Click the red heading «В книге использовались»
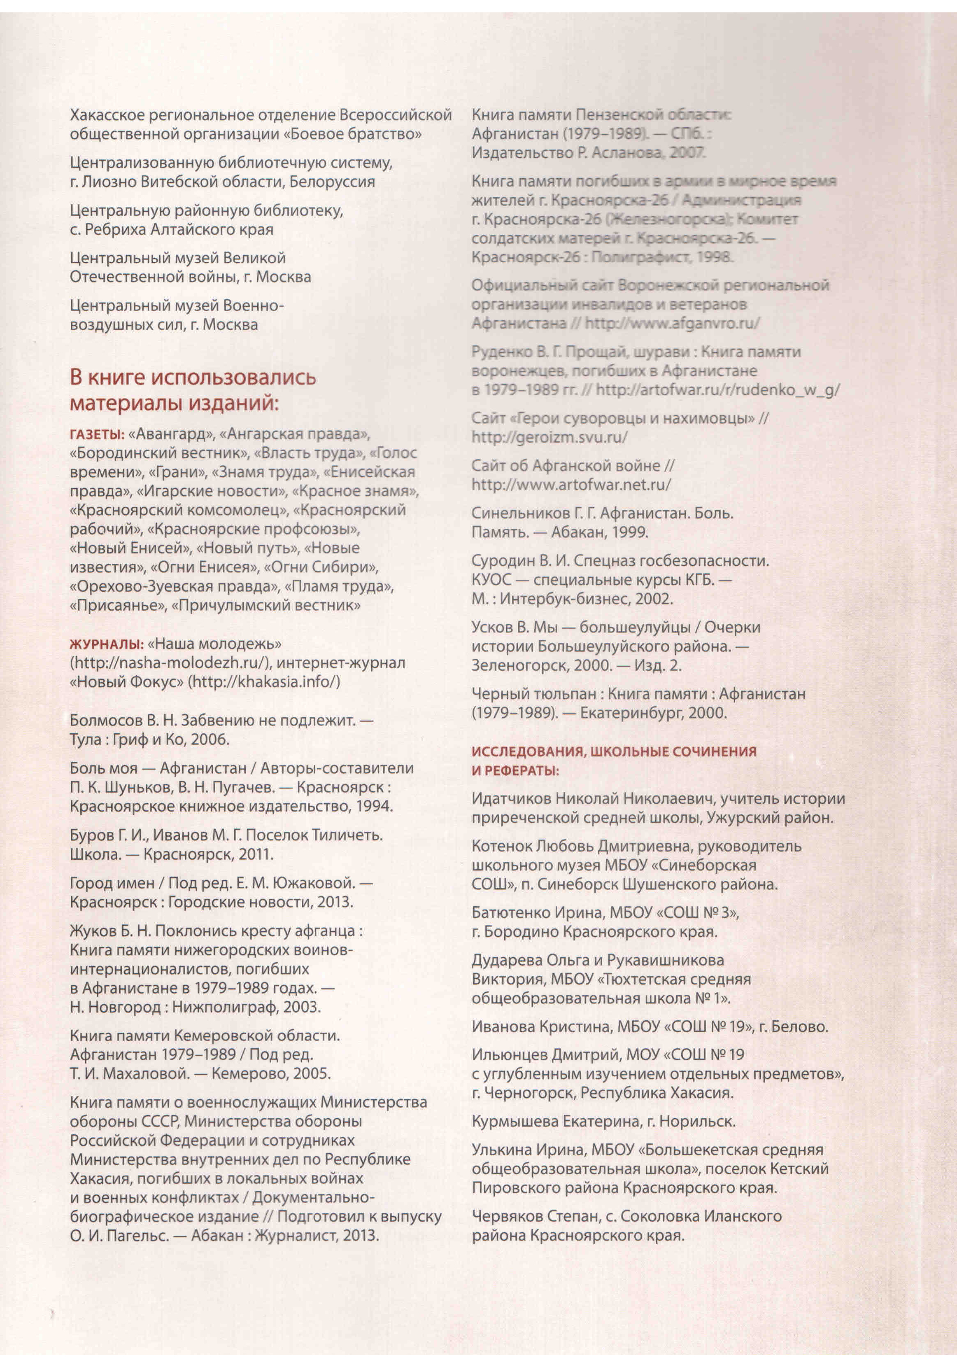pyautogui.click(x=193, y=378)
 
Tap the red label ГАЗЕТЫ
pyautogui.click(x=96, y=434)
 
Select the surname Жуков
pyautogui.click(x=92, y=931)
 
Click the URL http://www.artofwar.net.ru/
pyautogui.click(x=571, y=485)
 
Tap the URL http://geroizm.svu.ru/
pyautogui.click(x=550, y=437)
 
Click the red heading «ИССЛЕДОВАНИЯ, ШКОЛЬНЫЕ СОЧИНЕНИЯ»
pyautogui.click(x=614, y=751)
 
